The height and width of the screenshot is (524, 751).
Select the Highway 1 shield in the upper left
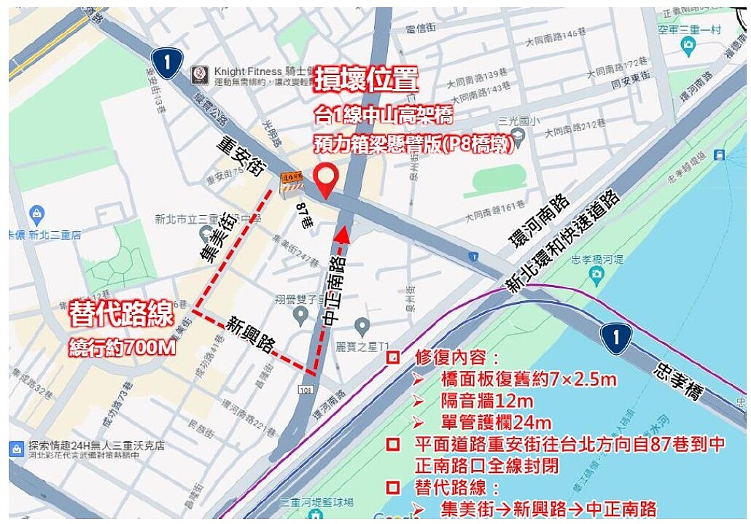tap(167, 63)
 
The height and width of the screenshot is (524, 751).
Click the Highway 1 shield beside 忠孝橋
tap(615, 337)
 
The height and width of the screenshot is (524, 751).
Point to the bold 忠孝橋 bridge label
tap(678, 375)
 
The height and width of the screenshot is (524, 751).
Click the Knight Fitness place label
tap(248, 71)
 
